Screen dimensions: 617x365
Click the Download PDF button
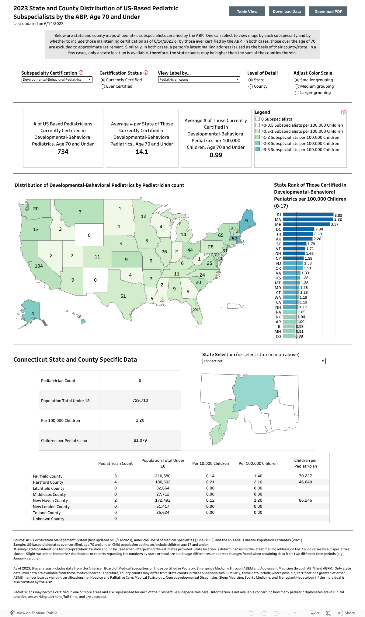[x=328, y=12]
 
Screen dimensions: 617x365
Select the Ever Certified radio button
[x=103, y=86]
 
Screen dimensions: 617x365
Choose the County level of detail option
[x=251, y=86]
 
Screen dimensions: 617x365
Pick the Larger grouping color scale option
[x=297, y=93]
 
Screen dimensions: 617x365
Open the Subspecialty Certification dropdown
[x=57, y=79]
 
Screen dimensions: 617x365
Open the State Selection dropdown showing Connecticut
[x=264, y=361]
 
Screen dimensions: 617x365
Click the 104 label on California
[x=39, y=266]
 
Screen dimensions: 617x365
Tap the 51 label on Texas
[x=123, y=296]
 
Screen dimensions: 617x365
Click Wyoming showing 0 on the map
[x=89, y=235]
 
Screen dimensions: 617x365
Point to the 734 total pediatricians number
[x=63, y=152]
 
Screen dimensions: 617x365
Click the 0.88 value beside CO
[x=299, y=336]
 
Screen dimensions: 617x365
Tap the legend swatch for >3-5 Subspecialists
[x=258, y=149]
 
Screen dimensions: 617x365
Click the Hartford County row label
[x=48, y=482]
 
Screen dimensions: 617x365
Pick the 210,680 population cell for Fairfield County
[x=163, y=476]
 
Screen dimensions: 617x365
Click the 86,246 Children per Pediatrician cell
[x=305, y=500]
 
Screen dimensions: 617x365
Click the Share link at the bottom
[x=346, y=613]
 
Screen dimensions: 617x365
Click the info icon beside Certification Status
[x=146, y=73]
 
